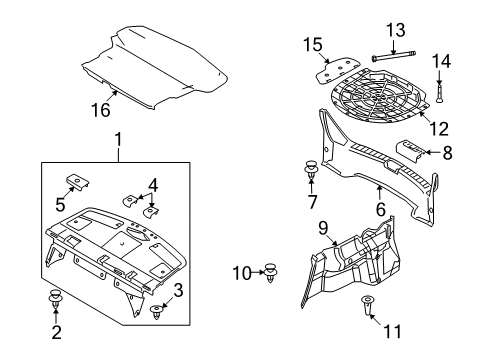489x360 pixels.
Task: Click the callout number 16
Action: pyautogui.click(x=101, y=110)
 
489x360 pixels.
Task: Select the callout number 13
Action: pyautogui.click(x=396, y=30)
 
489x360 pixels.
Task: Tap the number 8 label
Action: pyautogui.click(x=447, y=153)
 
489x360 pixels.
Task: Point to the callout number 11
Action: pyautogui.click(x=392, y=331)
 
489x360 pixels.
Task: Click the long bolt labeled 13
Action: pyautogui.click(x=394, y=56)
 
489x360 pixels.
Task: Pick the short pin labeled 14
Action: pyautogui.click(x=439, y=93)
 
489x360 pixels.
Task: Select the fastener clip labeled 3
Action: pyautogui.click(x=156, y=312)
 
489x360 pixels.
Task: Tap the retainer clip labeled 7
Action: pyautogui.click(x=311, y=169)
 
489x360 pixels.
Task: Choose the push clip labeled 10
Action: pyautogui.click(x=271, y=272)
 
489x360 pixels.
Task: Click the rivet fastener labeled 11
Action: pyautogui.click(x=367, y=304)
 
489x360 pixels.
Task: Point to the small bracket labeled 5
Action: pyautogui.click(x=77, y=181)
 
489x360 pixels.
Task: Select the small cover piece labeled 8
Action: pyautogui.click(x=410, y=151)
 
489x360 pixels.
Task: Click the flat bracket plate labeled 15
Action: pyautogui.click(x=337, y=71)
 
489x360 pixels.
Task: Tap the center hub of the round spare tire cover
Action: pyautogui.click(x=379, y=97)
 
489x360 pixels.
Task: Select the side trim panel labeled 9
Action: pyautogui.click(x=350, y=263)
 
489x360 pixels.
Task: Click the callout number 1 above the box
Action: pyautogui.click(x=118, y=139)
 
